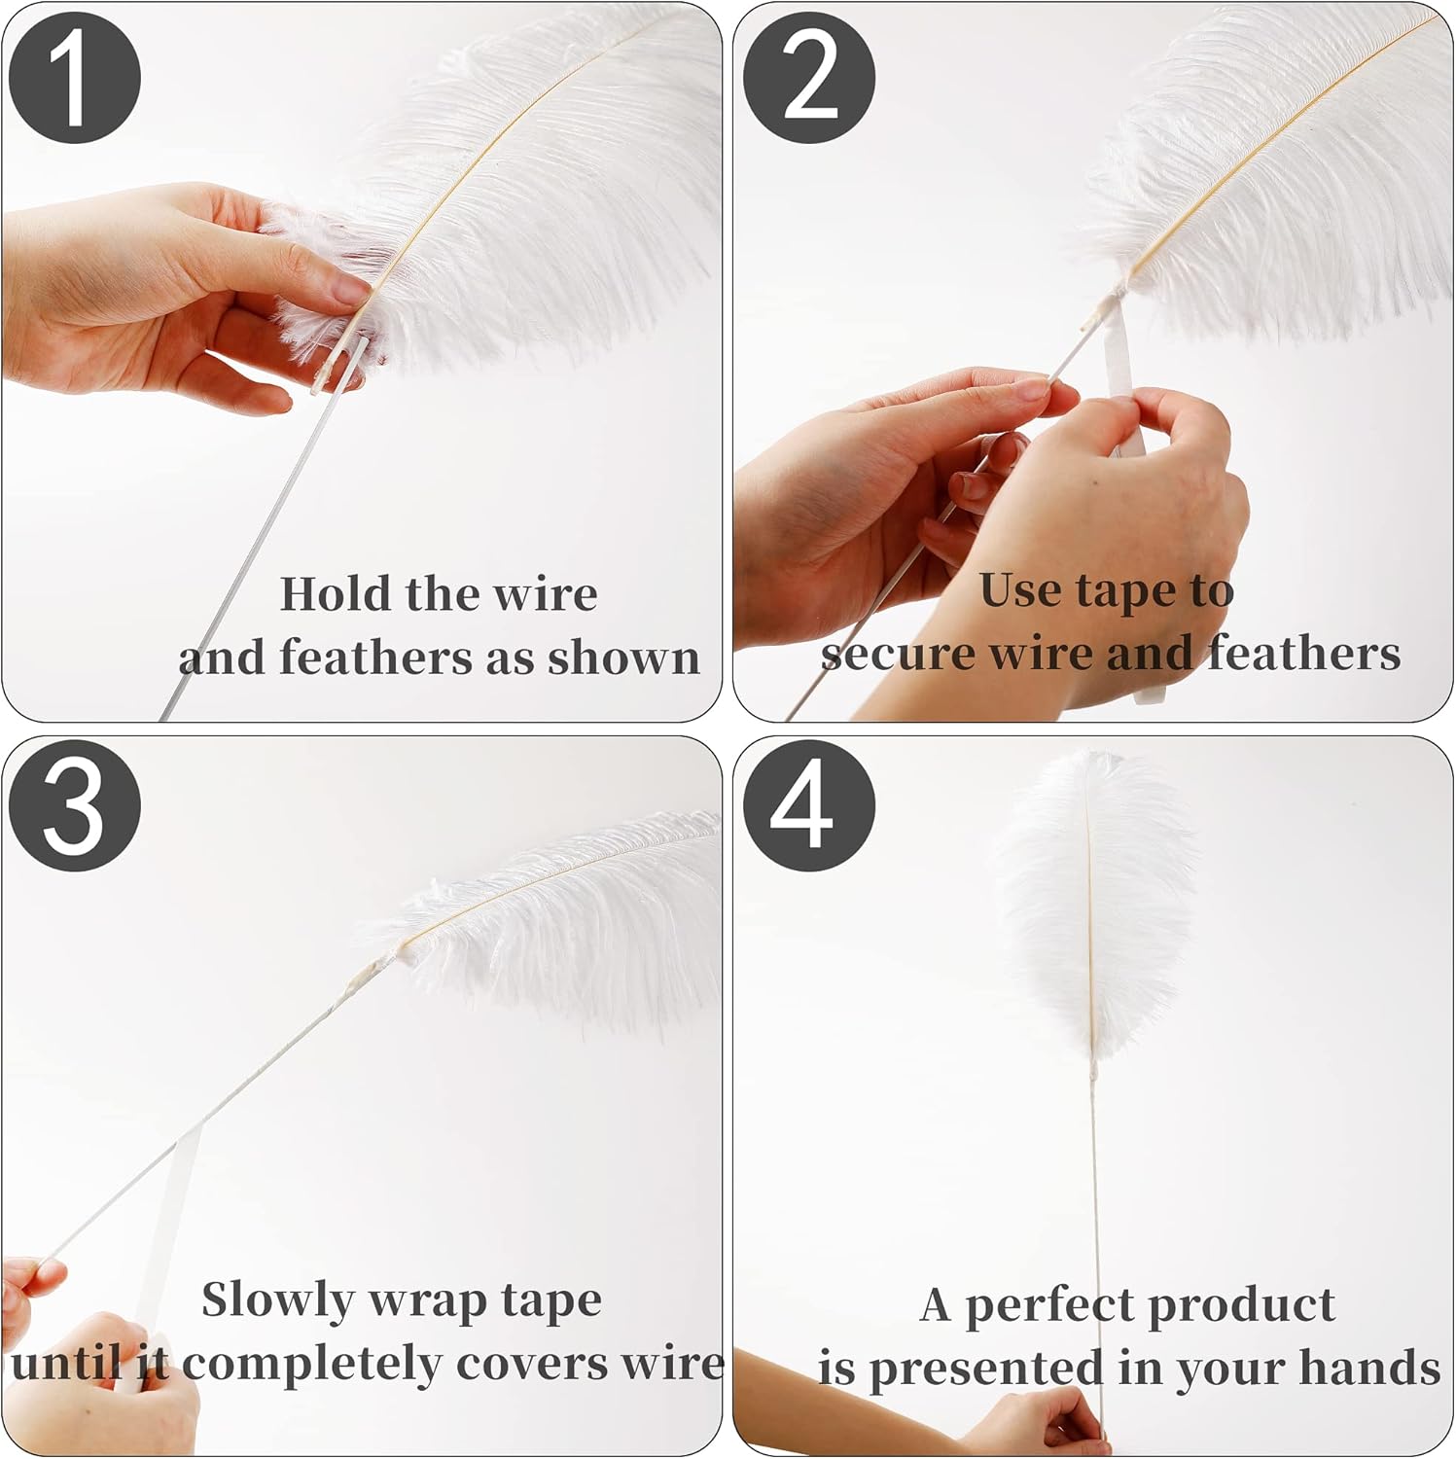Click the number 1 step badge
pyautogui.click(x=75, y=78)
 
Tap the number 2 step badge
pyautogui.click(x=809, y=78)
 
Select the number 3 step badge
pyautogui.click(x=75, y=805)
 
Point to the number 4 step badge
pyautogui.click(x=809, y=805)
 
